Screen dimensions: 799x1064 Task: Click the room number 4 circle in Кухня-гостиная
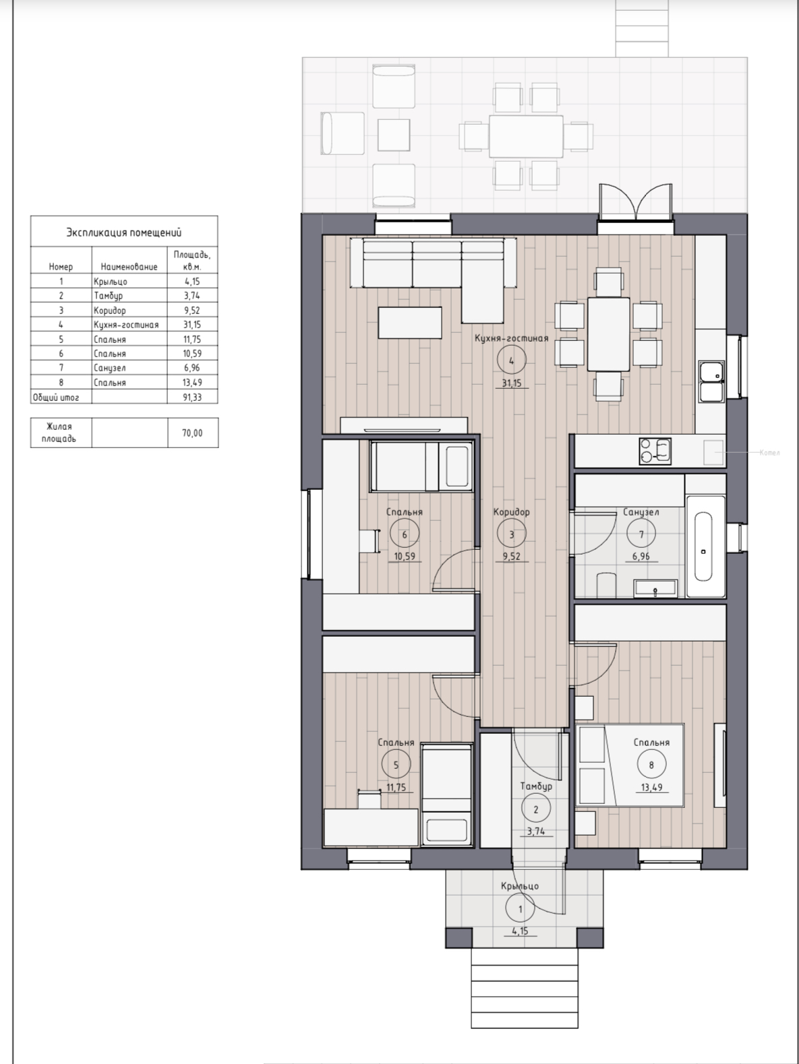click(512, 361)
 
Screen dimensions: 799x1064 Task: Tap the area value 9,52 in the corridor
click(512, 557)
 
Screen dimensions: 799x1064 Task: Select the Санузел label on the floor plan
click(641, 512)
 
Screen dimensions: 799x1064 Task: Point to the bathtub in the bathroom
click(705, 546)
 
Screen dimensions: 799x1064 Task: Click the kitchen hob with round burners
click(655, 451)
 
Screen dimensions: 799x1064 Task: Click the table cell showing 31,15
click(192, 324)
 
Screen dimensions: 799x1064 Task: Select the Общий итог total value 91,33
click(192, 397)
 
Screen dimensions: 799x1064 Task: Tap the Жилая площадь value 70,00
click(192, 433)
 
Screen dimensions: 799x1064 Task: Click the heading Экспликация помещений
click(123, 232)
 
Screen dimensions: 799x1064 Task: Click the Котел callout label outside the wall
click(770, 453)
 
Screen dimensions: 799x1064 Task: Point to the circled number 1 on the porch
click(521, 910)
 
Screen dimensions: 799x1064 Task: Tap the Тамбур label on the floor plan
click(536, 786)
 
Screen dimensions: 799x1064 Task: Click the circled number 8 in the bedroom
click(651, 764)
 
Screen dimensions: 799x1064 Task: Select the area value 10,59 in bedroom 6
click(405, 557)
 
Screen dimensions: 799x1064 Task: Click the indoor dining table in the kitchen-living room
click(608, 334)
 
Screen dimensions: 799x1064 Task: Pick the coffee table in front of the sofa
click(410, 322)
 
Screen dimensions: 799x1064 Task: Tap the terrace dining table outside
click(526, 136)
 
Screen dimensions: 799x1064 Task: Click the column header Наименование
click(129, 267)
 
